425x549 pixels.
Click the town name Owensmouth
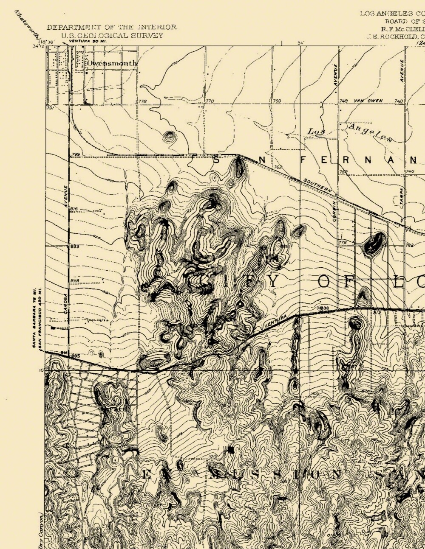(112, 64)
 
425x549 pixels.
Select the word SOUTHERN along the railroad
(316, 186)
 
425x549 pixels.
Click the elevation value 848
(75, 280)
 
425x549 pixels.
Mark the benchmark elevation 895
(76, 356)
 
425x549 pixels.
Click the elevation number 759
(277, 101)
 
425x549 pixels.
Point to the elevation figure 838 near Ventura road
(324, 308)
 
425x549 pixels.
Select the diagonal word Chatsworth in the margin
(27, 25)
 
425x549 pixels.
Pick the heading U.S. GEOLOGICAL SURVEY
(112, 36)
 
